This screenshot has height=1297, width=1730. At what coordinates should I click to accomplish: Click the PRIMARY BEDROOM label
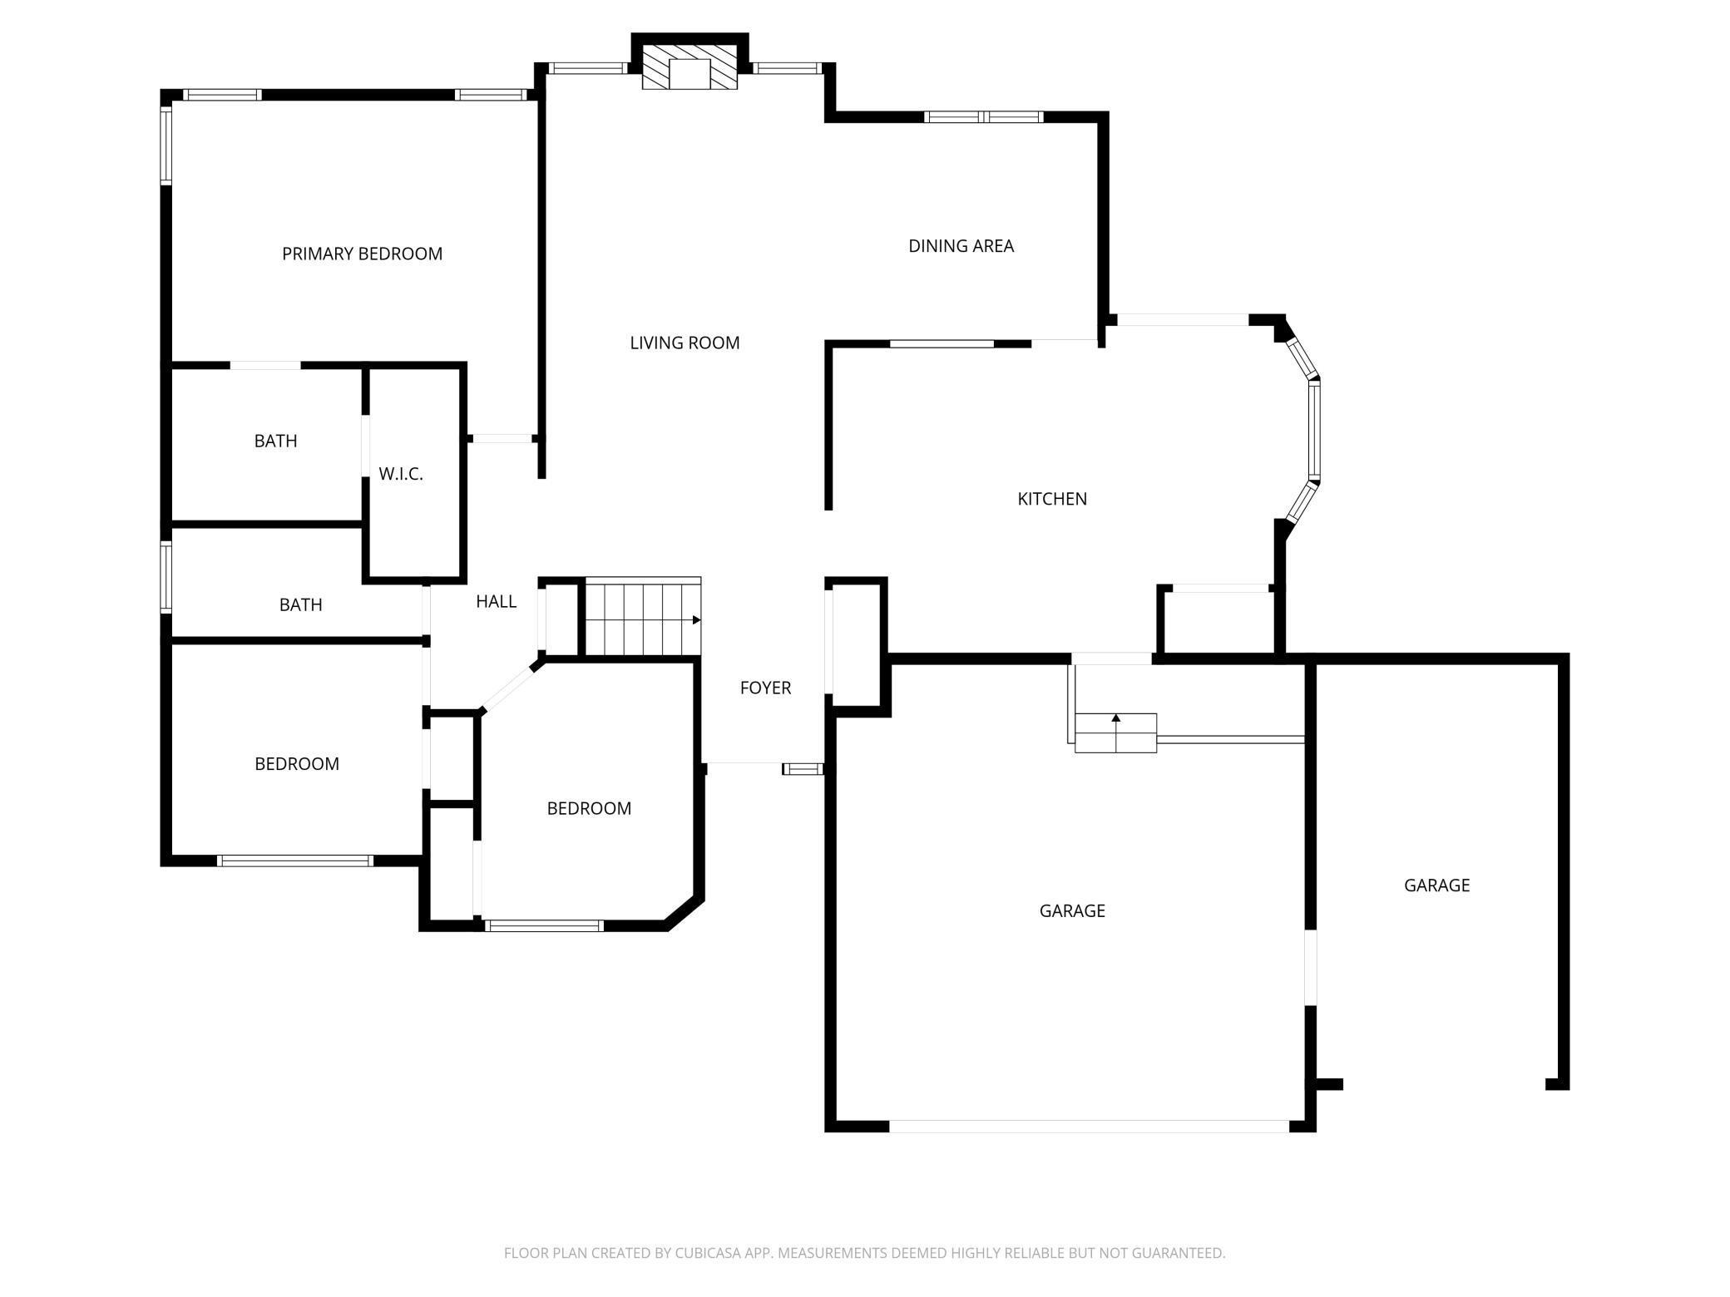pos(362,254)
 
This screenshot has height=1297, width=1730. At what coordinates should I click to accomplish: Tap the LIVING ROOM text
pos(685,343)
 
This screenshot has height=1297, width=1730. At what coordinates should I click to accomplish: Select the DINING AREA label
pos(961,245)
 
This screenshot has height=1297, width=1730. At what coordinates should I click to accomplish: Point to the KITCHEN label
pos(1052,498)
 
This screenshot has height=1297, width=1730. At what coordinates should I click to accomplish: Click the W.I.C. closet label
pos(401,474)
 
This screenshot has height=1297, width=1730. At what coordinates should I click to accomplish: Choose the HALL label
pos(496,601)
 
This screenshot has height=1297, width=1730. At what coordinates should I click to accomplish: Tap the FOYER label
pos(765,688)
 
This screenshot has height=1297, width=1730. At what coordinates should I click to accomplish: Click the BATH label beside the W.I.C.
pos(275,441)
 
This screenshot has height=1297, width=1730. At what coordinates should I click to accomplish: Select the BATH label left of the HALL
pos(300,604)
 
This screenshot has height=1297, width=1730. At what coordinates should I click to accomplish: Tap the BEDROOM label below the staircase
pos(589,808)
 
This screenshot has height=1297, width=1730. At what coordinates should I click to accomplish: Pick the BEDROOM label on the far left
pos(297,763)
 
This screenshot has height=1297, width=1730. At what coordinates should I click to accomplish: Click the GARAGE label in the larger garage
pos(1072,910)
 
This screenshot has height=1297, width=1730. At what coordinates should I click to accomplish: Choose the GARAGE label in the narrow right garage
pos(1436,885)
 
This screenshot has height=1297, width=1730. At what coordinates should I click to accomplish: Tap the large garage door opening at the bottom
pos(1090,1127)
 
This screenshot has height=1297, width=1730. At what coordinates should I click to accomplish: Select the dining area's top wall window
pos(984,116)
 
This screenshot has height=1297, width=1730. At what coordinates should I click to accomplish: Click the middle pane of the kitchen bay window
pos(1313,430)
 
